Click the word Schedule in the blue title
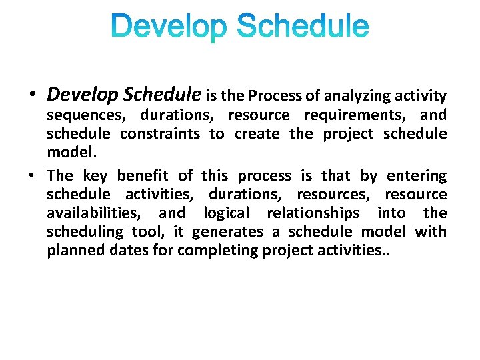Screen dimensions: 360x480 pos(303,27)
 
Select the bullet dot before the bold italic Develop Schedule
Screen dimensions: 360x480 pos(33,95)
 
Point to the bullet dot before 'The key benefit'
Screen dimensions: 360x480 pos(33,176)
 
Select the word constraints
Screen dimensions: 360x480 pos(160,133)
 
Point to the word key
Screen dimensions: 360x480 pos(95,175)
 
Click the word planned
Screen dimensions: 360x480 pos(74,251)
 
